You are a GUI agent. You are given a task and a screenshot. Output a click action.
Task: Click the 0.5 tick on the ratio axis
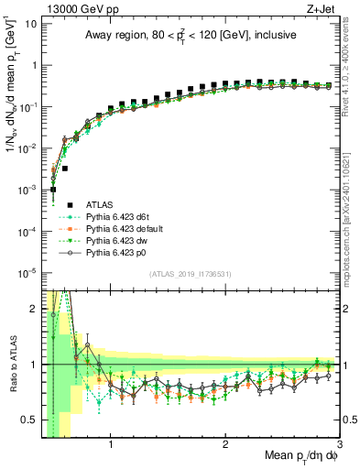[x=27, y=420]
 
